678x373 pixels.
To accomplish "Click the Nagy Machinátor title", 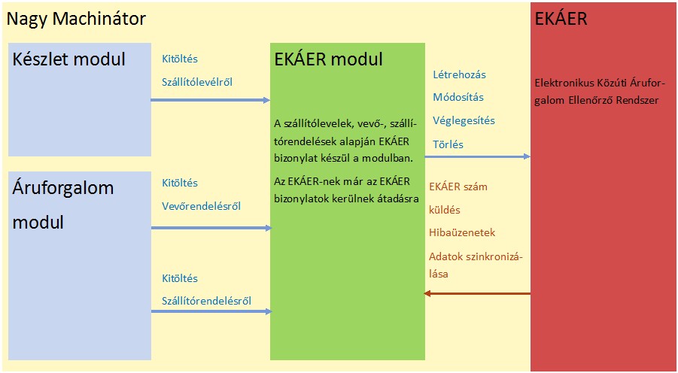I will pos(76,19).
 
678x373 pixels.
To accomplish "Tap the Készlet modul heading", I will pos(68,59).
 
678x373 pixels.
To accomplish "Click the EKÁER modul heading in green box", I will pos(329,59).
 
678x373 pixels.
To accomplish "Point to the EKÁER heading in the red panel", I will pos(561,19).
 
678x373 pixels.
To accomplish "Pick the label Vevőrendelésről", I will pos(201,206).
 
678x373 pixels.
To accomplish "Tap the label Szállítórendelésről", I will pos(206,302).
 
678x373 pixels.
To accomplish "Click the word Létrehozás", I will pos(459,74).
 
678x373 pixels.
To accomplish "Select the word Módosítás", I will pos(458,97).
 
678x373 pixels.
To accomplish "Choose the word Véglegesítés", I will pos(464,120).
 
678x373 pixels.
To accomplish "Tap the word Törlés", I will pos(448,144).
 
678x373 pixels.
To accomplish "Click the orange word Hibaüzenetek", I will pos(461,233).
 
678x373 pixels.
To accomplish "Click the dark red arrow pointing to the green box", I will pos(477,293).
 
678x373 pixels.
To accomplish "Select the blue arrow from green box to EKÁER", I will pos(477,156).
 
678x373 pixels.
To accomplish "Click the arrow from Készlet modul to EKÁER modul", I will pos(211,99).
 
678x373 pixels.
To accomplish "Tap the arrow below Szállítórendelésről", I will pos(211,311).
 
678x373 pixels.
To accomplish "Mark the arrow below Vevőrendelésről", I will pos(211,227).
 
